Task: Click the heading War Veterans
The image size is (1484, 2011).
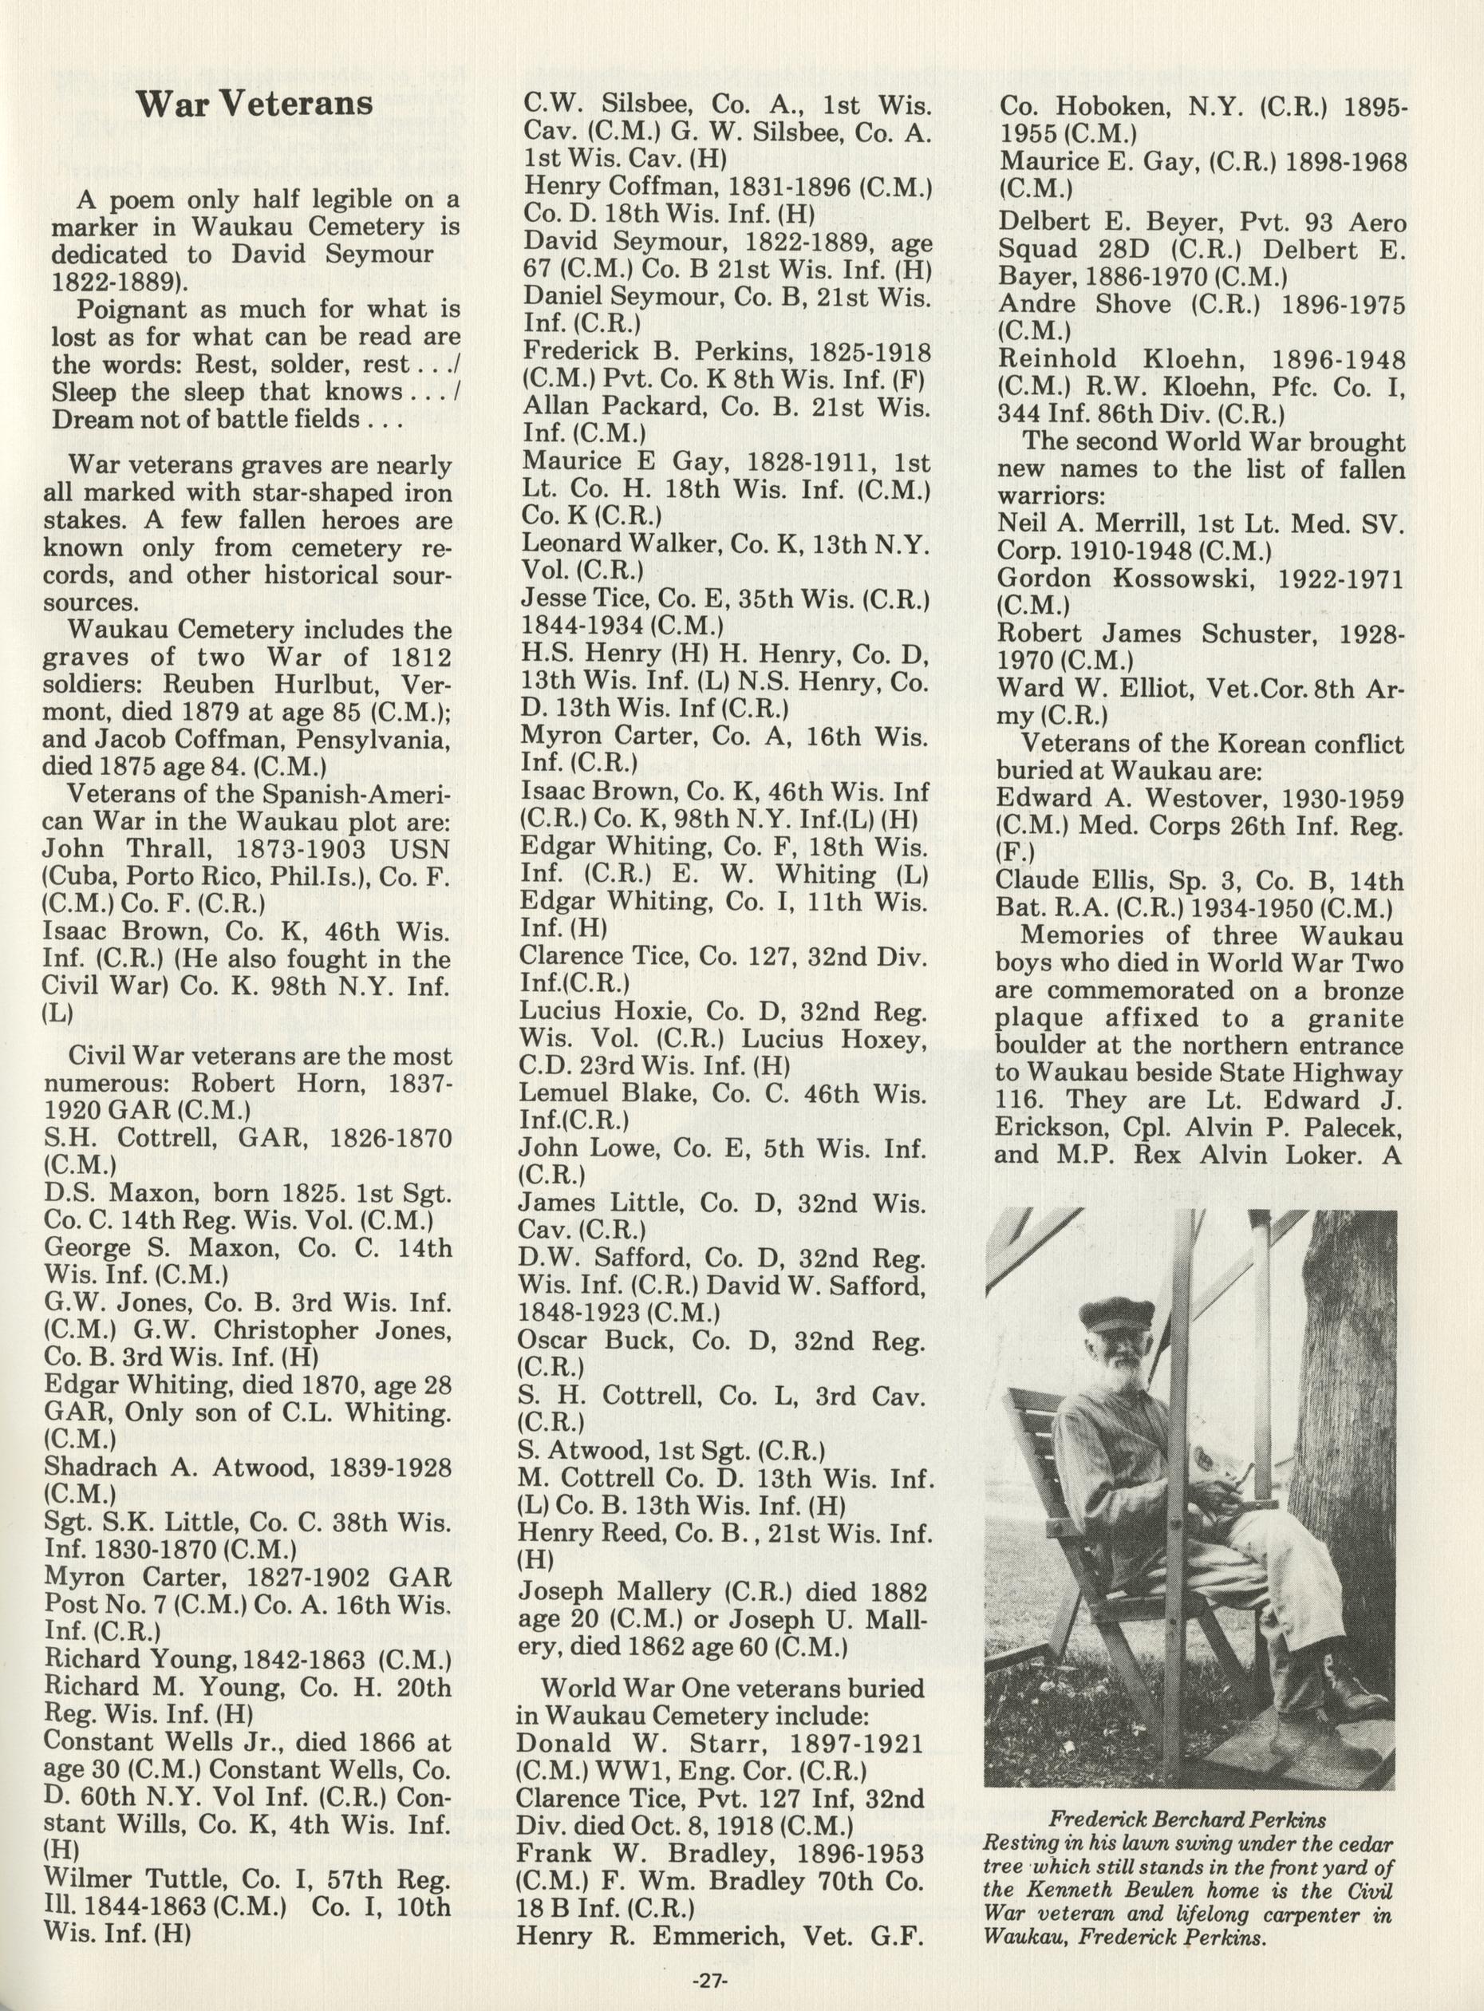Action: coord(255,105)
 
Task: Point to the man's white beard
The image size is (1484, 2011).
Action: coord(1106,1375)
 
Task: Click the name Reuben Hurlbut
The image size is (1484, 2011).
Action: coord(322,683)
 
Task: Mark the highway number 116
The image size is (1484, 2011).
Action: coord(1020,1100)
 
